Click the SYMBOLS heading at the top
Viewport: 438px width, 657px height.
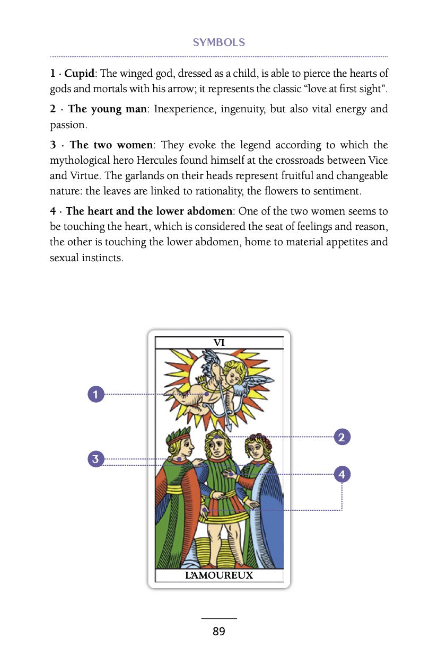[x=218, y=43]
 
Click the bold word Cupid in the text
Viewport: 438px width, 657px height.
[x=79, y=74]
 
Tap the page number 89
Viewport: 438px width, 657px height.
[x=218, y=632]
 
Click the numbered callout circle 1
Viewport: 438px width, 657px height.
[x=96, y=394]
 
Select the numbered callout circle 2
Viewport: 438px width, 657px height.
[x=341, y=437]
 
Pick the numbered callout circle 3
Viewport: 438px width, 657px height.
[x=95, y=459]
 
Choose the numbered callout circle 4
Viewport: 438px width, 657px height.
[x=341, y=474]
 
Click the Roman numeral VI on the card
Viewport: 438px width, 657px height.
[x=219, y=343]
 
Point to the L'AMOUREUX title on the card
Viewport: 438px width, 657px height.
[x=219, y=575]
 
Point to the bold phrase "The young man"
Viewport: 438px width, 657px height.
[x=108, y=110]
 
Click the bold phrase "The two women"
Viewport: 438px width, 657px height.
[x=111, y=145]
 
